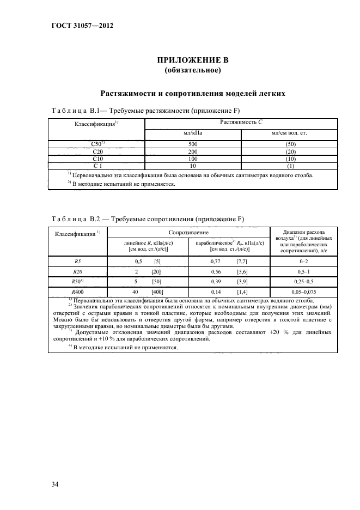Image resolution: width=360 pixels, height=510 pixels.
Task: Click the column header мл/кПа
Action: click(192, 132)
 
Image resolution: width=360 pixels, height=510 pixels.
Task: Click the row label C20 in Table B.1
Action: click(98, 151)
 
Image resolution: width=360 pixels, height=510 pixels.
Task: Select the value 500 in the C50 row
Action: click(192, 144)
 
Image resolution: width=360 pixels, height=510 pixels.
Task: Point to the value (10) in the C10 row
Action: click(290, 159)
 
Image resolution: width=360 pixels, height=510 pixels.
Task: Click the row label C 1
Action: click(98, 166)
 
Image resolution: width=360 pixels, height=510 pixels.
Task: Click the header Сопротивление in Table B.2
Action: click(188, 232)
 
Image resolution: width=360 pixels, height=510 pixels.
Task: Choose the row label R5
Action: click(77, 262)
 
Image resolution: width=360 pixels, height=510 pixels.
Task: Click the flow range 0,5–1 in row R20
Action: click(304, 271)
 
